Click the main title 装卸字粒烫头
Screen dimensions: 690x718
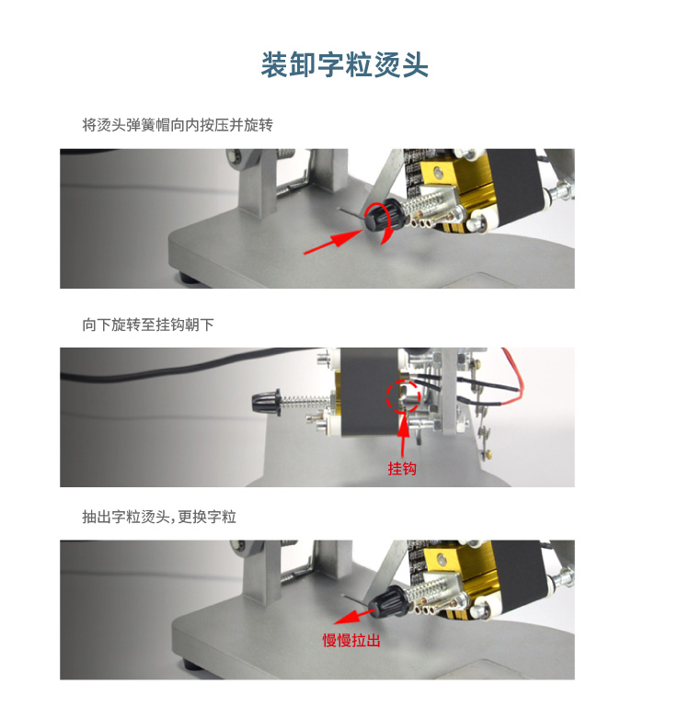345,64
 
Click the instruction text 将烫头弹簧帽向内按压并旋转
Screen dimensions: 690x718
178,125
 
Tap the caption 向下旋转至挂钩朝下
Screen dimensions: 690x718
148,325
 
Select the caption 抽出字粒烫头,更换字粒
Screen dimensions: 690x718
159,517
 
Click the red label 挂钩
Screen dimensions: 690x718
402,469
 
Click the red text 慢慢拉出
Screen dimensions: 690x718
351,640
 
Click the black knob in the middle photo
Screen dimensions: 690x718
266,402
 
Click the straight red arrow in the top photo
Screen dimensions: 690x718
334,241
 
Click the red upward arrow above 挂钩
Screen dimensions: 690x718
403,437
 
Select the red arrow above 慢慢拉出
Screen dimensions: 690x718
354,616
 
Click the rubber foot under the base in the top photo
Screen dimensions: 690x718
189,278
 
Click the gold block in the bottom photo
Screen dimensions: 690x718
458,570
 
